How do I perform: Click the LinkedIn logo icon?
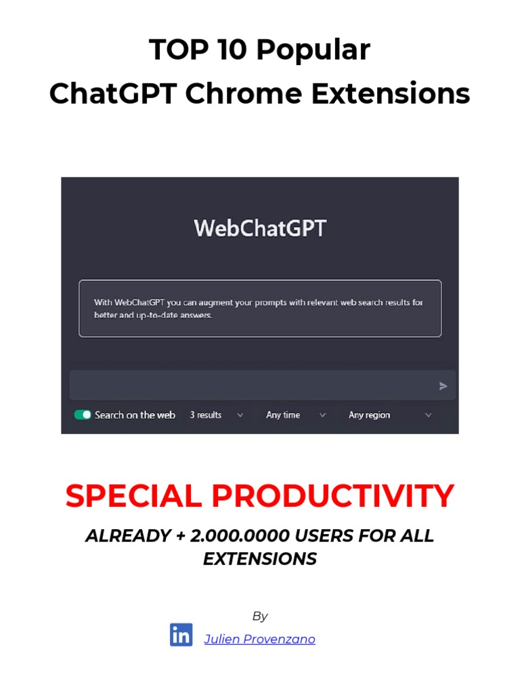tap(181, 635)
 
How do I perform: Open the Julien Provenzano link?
tap(259, 639)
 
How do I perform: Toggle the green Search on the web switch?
tap(83, 415)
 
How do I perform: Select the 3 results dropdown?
tap(216, 415)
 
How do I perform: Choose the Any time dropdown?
tap(295, 415)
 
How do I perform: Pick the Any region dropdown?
tap(389, 415)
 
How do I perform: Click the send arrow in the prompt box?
tap(443, 386)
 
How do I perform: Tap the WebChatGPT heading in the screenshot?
tap(260, 228)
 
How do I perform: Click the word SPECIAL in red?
tap(134, 497)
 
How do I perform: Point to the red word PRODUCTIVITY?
tap(332, 497)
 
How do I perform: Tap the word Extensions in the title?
tap(391, 93)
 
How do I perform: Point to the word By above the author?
tap(260, 616)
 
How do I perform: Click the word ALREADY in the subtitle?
tap(128, 536)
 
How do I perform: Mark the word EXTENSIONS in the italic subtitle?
tap(260, 559)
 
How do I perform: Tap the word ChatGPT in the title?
tap(112, 93)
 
